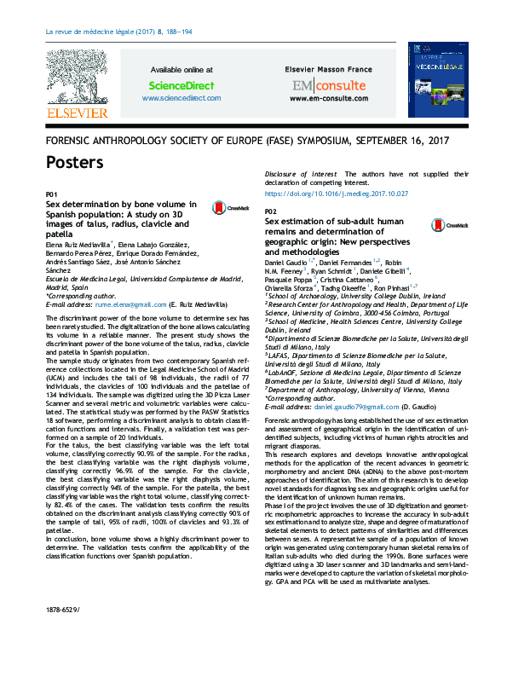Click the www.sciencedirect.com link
pos(181,98)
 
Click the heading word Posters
pos(75,162)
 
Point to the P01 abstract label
pos(51,195)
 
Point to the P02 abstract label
pos(271,211)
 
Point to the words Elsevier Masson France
pos(328,69)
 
